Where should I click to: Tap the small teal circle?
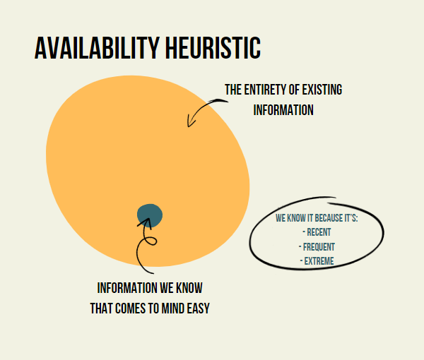pyautogui.click(x=150, y=215)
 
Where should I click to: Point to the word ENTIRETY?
pyautogui.click(x=266, y=90)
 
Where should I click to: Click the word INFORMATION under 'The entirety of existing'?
pyautogui.click(x=283, y=110)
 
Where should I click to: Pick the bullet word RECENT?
pyautogui.click(x=319, y=232)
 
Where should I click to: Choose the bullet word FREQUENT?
pyautogui.click(x=319, y=247)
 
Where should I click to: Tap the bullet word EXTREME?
pyautogui.click(x=319, y=261)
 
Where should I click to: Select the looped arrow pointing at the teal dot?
pyautogui.click(x=145, y=247)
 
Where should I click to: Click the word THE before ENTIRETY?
pyautogui.click(x=234, y=90)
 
